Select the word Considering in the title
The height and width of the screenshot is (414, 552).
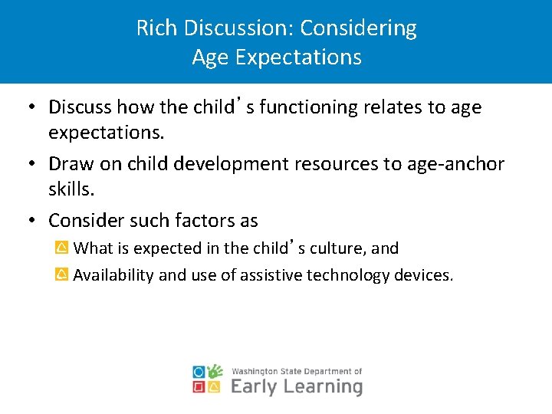click(x=358, y=28)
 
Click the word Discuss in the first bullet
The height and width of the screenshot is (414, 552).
click(x=80, y=107)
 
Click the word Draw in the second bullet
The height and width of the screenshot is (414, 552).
click(x=68, y=164)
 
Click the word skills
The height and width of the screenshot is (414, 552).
click(x=67, y=189)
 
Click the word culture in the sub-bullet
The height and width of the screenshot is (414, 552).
click(x=338, y=248)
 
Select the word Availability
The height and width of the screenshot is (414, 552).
click(x=113, y=275)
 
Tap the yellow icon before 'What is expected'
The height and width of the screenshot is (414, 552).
click(x=61, y=248)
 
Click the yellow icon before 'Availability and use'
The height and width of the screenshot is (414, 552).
click(x=61, y=274)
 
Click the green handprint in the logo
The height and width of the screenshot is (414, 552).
click(x=215, y=371)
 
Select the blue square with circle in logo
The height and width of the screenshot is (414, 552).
click(x=199, y=372)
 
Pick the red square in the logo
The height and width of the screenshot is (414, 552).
click(x=199, y=387)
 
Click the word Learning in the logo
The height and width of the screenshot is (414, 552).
click(x=323, y=386)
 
